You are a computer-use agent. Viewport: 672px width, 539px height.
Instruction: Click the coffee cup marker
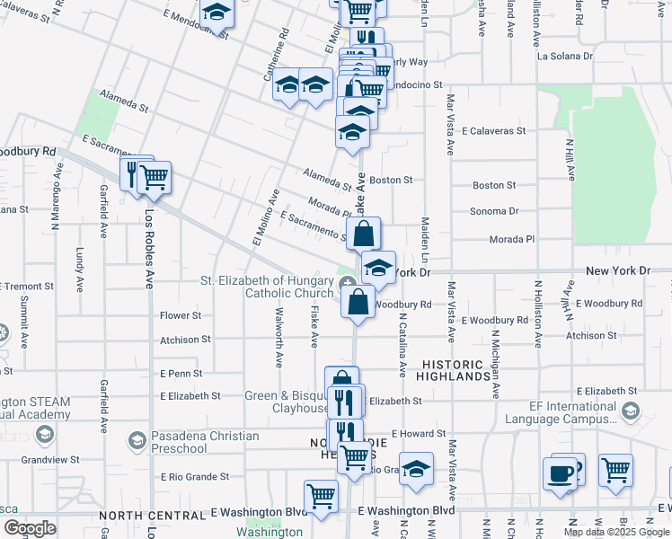coord(561,473)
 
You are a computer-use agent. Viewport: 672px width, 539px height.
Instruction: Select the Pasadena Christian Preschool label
coord(205,442)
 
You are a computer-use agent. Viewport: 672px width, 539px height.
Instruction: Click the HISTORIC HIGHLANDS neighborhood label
coord(455,370)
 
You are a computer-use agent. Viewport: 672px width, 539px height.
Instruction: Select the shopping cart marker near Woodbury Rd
coord(155,176)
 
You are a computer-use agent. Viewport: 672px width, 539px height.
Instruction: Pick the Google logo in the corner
coord(29,528)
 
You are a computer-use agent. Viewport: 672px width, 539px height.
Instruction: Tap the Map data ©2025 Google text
coord(616,532)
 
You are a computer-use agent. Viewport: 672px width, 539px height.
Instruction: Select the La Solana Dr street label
coord(565,56)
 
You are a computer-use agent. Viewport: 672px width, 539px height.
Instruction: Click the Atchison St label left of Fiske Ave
coord(185,340)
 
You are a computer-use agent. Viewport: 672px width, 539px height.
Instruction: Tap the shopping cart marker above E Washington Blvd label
coord(321,494)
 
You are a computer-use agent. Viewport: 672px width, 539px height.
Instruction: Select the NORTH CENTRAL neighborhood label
coord(153,516)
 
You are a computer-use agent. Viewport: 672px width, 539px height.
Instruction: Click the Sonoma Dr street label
coord(495,211)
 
